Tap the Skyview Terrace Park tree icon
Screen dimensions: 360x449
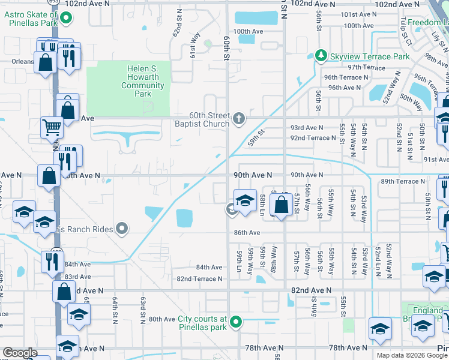pos(321,56)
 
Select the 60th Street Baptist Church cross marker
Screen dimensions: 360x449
pos(239,118)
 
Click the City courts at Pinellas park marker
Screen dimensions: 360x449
pos(236,323)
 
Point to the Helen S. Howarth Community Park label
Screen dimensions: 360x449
pos(142,81)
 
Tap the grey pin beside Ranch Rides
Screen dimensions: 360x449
pos(122,228)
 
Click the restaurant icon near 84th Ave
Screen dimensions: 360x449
pos(51,261)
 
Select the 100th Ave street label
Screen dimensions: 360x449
pos(250,31)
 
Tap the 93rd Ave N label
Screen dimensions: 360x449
pos(306,128)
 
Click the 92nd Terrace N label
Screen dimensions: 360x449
pos(313,138)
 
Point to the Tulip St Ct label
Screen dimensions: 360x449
pos(407,39)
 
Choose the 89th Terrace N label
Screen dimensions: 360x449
pos(402,181)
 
